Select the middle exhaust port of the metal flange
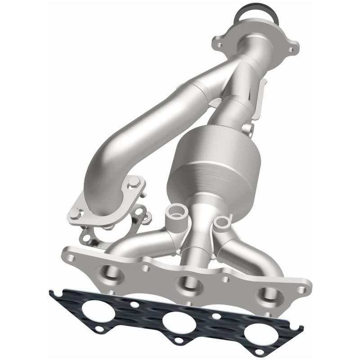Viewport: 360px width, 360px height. pos(186,283)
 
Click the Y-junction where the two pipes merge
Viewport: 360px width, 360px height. pos(241,79)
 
